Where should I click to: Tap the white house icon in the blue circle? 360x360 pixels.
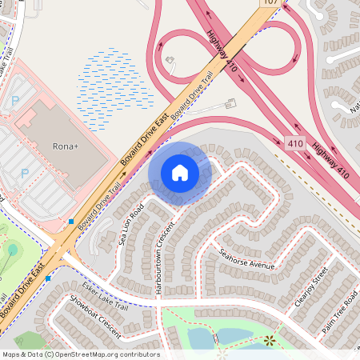pyautogui.click(x=180, y=172)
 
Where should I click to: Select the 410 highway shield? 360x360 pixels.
pyautogui.click(x=294, y=142)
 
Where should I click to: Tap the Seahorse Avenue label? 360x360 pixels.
pyautogui.click(x=247, y=258)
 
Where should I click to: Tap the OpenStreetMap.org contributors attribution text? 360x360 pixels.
pyautogui.click(x=108, y=354)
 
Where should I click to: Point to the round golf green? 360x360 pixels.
pyautogui.click(x=12, y=250)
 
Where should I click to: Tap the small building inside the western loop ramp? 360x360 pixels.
pyautogui.click(x=170, y=59)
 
